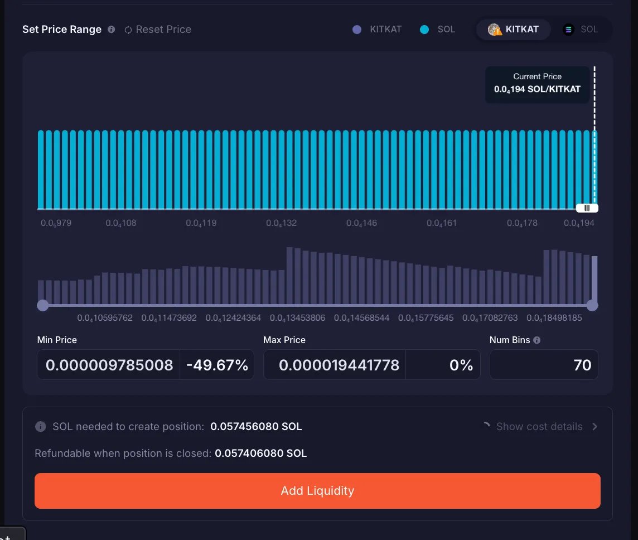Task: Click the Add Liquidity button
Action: tap(317, 490)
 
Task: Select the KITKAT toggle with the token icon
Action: tap(514, 30)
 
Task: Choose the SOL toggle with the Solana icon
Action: tap(581, 30)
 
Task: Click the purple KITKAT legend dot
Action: tap(357, 30)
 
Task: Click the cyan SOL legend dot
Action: tap(424, 30)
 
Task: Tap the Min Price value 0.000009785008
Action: tap(109, 365)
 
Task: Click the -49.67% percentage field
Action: tap(217, 365)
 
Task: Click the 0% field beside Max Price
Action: tap(443, 365)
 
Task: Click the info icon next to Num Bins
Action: tap(537, 340)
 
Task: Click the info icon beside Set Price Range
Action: tap(111, 30)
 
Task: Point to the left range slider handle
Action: tap(43, 305)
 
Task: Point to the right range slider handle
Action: tap(592, 305)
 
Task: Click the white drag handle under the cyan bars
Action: tap(587, 208)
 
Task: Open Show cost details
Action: tap(539, 426)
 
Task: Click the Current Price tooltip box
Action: tap(537, 84)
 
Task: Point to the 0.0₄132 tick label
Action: tap(282, 223)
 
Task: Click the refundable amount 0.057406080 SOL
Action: tap(261, 453)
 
